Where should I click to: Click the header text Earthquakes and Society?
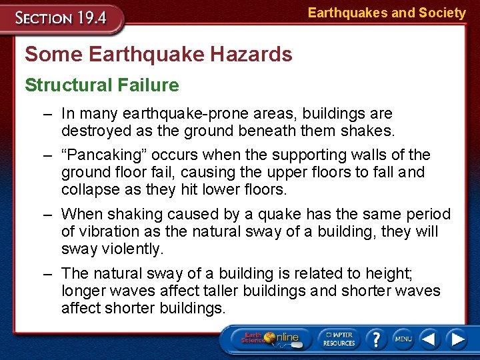tap(387, 13)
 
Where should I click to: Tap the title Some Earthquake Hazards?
tap(159, 54)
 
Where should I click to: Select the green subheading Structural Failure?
tap(102, 85)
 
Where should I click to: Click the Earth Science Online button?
tap(269, 339)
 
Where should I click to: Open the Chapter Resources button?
tap(339, 339)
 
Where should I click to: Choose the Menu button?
tap(403, 339)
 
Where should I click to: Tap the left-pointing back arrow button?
tap(431, 339)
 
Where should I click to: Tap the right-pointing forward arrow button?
tap(457, 339)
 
